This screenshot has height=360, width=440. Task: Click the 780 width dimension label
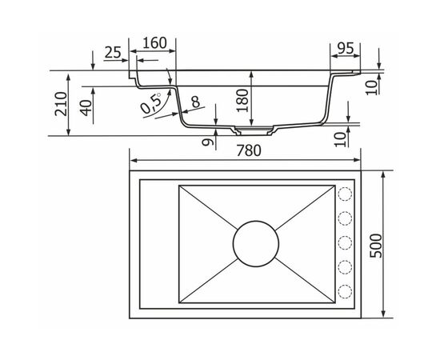(x=249, y=150)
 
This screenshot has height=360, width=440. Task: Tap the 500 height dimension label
(x=376, y=246)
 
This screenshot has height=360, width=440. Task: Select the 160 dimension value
(x=155, y=43)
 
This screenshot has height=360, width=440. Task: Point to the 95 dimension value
(x=346, y=49)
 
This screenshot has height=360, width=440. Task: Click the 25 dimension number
(x=113, y=52)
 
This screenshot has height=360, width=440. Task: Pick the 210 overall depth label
(x=61, y=104)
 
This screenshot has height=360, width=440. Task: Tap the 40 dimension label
(x=86, y=108)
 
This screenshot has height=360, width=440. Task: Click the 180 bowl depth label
(x=242, y=101)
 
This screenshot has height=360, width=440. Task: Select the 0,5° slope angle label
(x=151, y=102)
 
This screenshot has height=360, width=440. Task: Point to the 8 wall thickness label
(x=195, y=102)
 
